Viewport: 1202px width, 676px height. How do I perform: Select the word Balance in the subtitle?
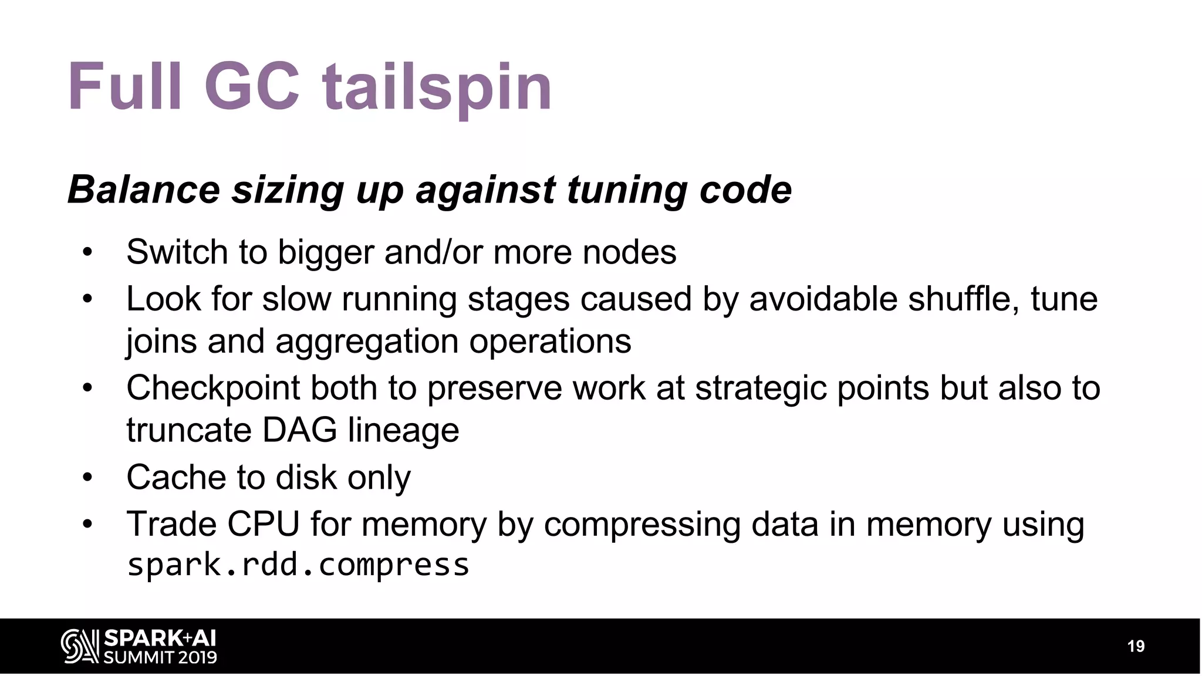click(144, 190)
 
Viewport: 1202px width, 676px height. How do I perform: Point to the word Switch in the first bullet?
click(177, 252)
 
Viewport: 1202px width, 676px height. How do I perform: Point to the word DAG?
click(299, 430)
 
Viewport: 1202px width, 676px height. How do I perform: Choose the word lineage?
click(404, 431)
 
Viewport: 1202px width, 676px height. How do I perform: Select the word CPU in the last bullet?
click(264, 524)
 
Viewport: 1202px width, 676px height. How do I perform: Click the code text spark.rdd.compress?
click(298, 565)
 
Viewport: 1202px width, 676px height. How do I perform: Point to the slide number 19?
click(1136, 646)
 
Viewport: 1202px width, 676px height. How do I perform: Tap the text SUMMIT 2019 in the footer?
click(160, 657)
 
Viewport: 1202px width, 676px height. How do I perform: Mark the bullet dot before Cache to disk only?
click(87, 477)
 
